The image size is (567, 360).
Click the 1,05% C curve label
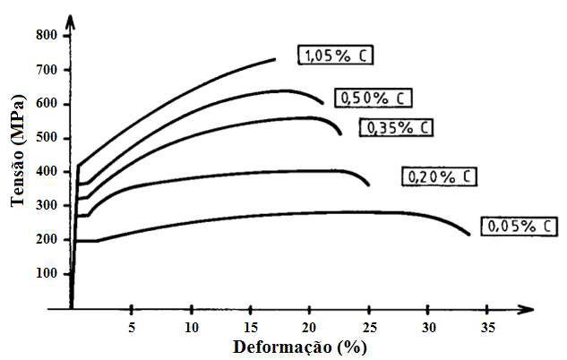(335, 56)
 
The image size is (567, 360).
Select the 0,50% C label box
(371, 98)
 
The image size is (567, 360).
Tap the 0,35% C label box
(395, 127)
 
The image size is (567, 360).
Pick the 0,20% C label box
(436, 176)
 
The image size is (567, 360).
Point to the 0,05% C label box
(514, 226)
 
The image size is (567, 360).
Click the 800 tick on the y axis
(47, 35)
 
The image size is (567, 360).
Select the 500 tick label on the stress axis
(47, 138)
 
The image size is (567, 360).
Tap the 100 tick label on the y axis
(47, 274)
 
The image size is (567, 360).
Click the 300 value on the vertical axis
(47, 206)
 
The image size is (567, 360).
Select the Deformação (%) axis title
(300, 347)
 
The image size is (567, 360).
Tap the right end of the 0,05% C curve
(469, 236)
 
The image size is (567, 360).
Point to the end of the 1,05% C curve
(275, 59)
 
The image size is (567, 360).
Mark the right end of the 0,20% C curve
(369, 185)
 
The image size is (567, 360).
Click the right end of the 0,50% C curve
(323, 103)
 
